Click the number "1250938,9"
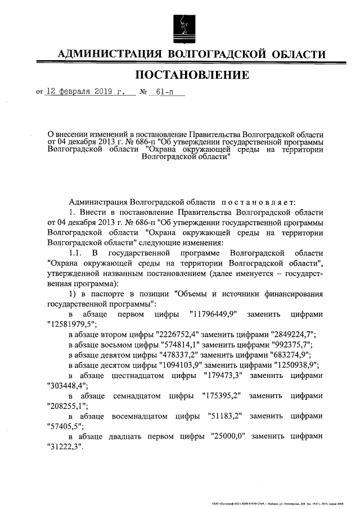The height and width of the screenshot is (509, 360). (290, 366)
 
